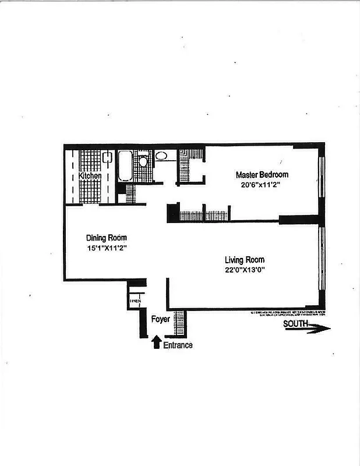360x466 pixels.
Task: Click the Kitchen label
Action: (90, 175)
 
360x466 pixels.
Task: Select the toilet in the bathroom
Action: (143, 161)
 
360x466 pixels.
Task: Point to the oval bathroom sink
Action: (161, 156)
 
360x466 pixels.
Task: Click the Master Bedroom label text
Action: (262, 174)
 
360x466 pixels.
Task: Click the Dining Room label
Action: (107, 238)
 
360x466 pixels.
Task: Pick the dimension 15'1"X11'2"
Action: (107, 248)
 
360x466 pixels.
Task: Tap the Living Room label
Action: (245, 260)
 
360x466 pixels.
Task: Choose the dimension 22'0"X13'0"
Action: (245, 270)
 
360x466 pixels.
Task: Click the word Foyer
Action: (160, 319)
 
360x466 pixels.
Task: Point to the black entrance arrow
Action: (156, 343)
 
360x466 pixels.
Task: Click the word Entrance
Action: (178, 345)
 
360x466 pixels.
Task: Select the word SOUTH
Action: (295, 324)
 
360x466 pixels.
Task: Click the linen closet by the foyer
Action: (133, 301)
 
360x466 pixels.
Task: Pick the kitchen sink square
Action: (107, 157)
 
